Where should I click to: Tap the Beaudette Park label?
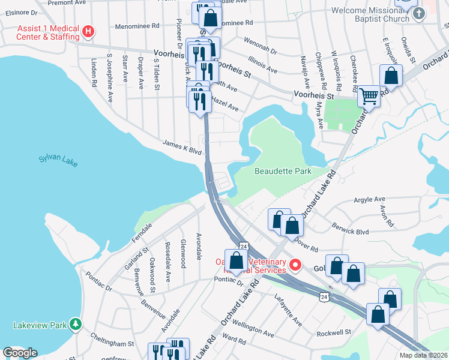coord(283,171)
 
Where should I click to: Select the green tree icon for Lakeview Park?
coord(75,325)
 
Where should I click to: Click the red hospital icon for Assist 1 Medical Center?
coord(88,31)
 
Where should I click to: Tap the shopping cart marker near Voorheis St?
coord(369,95)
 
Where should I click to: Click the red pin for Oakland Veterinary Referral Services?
coord(295,264)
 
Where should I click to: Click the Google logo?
coord(19,352)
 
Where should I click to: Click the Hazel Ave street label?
coord(225,105)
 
